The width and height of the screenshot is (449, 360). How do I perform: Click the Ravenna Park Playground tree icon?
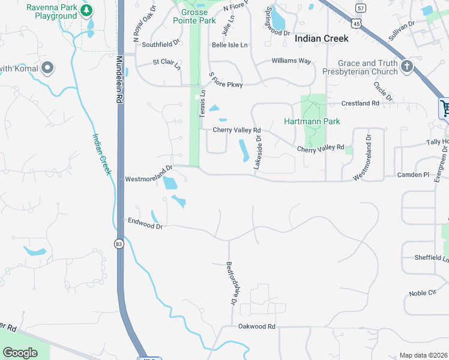point(86,10)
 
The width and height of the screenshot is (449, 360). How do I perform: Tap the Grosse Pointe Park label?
point(194,16)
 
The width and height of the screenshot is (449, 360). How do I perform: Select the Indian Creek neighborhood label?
point(322,38)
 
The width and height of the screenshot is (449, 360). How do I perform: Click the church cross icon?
point(408,67)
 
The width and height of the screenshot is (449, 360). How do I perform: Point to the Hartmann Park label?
point(312,121)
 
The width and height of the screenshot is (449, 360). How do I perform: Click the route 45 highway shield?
point(357,23)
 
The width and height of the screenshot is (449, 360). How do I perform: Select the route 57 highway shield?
point(360,8)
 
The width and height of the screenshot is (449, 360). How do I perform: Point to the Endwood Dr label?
point(145,223)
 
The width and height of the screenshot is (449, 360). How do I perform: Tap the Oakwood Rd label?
point(256,326)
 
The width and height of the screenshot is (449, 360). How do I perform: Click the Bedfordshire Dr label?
point(230,282)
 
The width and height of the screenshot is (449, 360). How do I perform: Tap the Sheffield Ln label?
point(432,258)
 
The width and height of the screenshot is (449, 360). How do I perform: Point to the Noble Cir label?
point(422,293)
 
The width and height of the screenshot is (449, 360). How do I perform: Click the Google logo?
point(20,353)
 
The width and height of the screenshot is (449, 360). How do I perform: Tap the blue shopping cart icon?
point(445,109)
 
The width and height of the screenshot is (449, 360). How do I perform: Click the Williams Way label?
point(291,61)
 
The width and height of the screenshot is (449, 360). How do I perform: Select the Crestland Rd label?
point(360,103)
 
